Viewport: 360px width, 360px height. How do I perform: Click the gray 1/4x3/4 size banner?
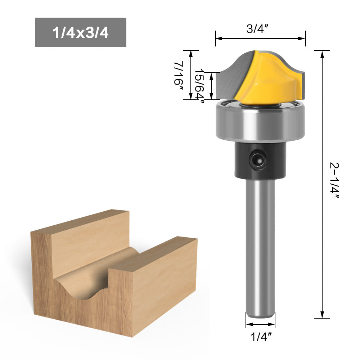80,32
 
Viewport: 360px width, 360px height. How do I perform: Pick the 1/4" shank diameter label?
260,337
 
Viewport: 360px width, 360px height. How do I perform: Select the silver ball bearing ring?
260,121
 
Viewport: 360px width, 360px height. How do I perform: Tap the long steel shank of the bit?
260,248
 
